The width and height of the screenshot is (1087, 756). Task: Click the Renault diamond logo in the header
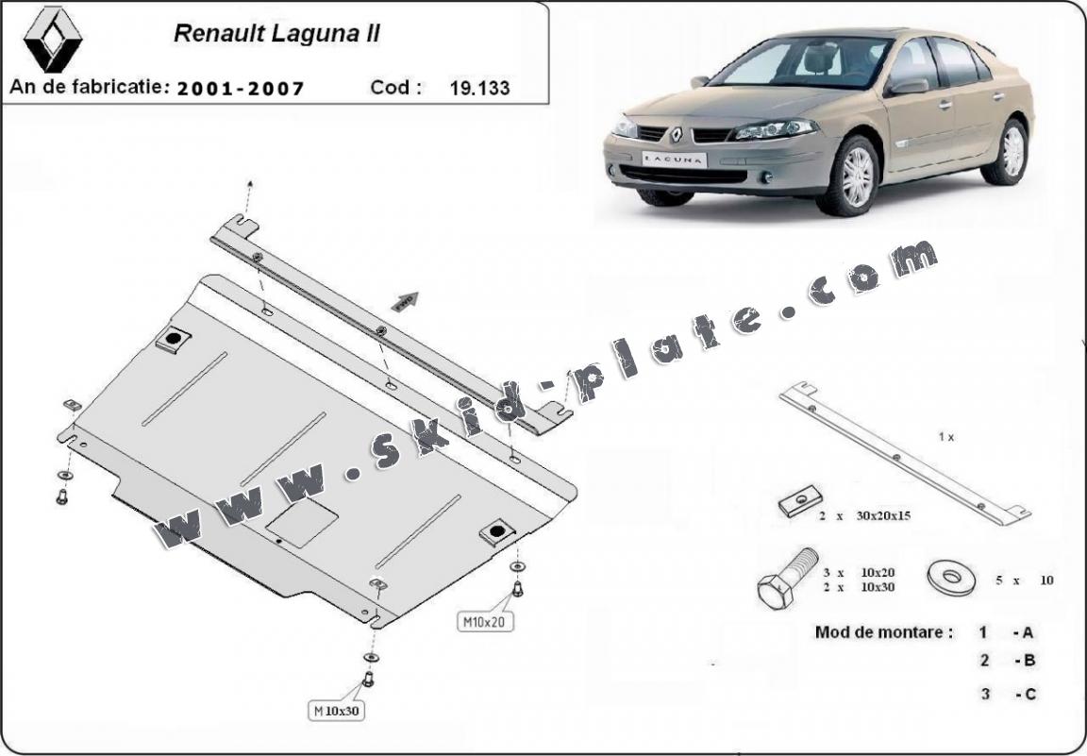pos(53,40)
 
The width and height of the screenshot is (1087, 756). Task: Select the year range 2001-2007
pos(241,89)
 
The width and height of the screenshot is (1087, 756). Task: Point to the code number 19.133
pos(480,89)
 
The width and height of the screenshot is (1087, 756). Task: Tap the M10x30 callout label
pos(336,711)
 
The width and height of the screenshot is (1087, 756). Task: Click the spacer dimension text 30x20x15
pos(881,515)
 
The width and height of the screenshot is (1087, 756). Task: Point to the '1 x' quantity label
pos(946,437)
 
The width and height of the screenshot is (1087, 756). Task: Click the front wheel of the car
pos(855,177)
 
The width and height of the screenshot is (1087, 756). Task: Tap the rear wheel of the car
pos(1011,152)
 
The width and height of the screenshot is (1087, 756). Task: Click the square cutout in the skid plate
pos(302,522)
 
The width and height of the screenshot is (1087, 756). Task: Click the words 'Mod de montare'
pos(883,632)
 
